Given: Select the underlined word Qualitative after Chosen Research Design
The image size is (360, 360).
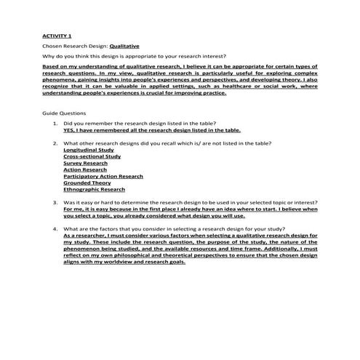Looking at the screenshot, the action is tap(125, 45).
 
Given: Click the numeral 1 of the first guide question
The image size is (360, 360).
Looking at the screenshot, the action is tap(55, 124).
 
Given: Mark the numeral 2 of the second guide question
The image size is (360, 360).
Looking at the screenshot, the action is tap(55, 143).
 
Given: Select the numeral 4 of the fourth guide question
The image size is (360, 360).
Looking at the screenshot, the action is tap(55, 229).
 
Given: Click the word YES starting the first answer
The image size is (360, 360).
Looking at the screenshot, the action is tap(69, 131).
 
